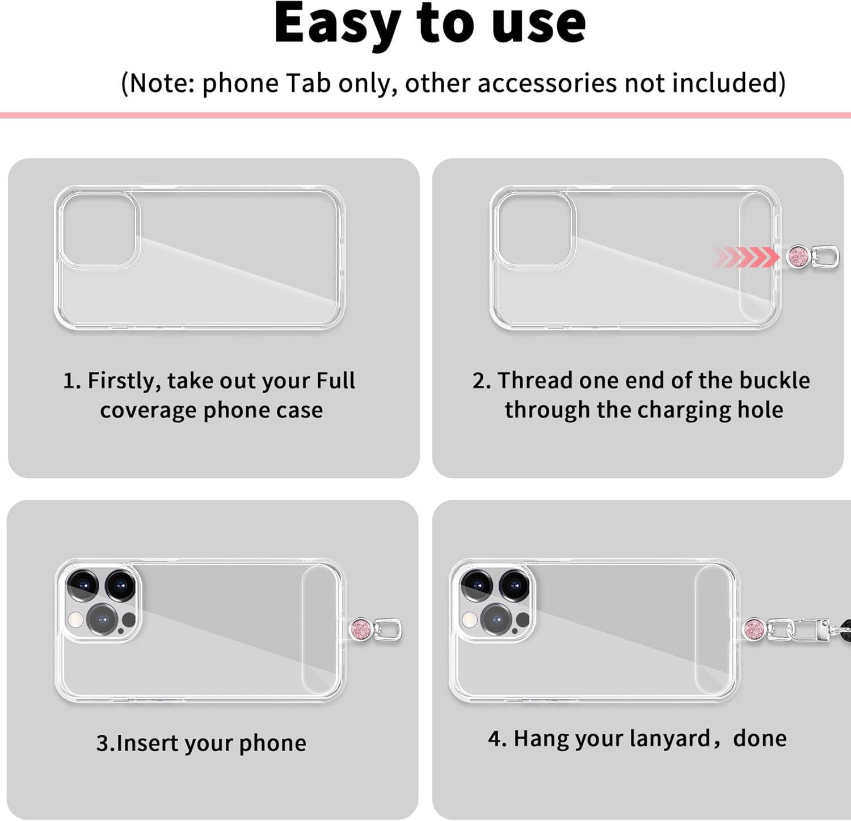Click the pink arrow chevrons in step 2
[x=746, y=257]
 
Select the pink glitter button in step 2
[x=799, y=257]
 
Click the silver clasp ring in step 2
[x=824, y=257]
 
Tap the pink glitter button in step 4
[x=754, y=628]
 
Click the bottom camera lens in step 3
[x=102, y=619]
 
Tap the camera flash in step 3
[x=75, y=620]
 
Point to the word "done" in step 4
[x=760, y=738]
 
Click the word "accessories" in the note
[x=547, y=83]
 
